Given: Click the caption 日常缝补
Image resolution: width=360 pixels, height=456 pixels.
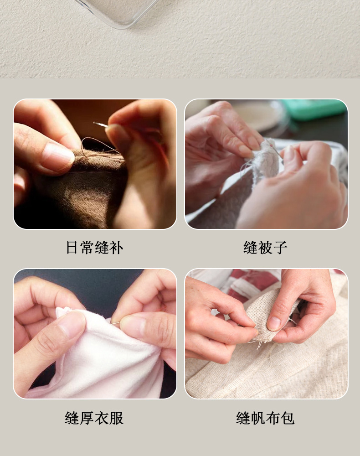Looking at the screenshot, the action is pyautogui.click(x=94, y=248).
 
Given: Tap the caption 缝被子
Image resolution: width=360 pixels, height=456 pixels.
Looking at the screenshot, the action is pyautogui.click(x=265, y=248).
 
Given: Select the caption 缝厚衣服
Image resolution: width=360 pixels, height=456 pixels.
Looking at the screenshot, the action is pyautogui.click(x=94, y=418).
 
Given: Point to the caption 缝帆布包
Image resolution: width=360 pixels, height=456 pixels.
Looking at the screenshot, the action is pyautogui.click(x=265, y=418).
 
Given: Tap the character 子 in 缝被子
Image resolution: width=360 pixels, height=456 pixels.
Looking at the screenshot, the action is pyautogui.click(x=280, y=248).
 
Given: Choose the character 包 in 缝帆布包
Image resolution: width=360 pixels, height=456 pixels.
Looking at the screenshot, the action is pyautogui.click(x=288, y=418).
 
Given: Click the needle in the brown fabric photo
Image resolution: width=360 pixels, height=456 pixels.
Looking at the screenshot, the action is pyautogui.click(x=101, y=124).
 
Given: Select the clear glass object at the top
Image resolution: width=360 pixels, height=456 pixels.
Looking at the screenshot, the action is pyautogui.click(x=118, y=12).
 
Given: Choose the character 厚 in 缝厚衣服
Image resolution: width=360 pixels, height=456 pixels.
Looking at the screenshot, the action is pyautogui.click(x=87, y=418).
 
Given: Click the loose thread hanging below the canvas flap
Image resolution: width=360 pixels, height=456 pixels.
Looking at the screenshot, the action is pyautogui.click(x=258, y=344).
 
